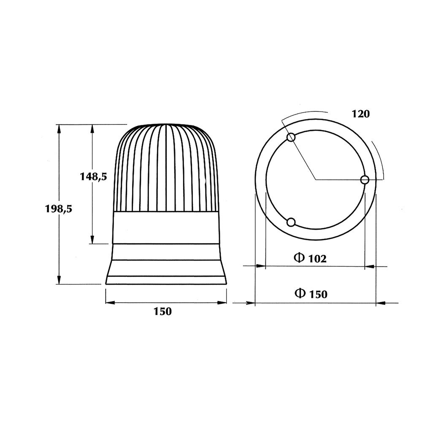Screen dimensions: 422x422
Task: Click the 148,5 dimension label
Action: [x=93, y=177]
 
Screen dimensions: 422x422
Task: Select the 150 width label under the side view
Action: [x=162, y=312]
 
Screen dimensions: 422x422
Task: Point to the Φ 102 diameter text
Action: [x=310, y=258]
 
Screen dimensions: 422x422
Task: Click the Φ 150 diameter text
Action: [x=311, y=293]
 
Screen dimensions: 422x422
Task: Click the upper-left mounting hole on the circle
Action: [x=290, y=138]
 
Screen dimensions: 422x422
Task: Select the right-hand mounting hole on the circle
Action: [x=365, y=180]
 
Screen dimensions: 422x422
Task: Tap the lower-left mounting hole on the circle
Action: [x=290, y=222]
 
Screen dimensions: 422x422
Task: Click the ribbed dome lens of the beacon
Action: [x=167, y=169]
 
